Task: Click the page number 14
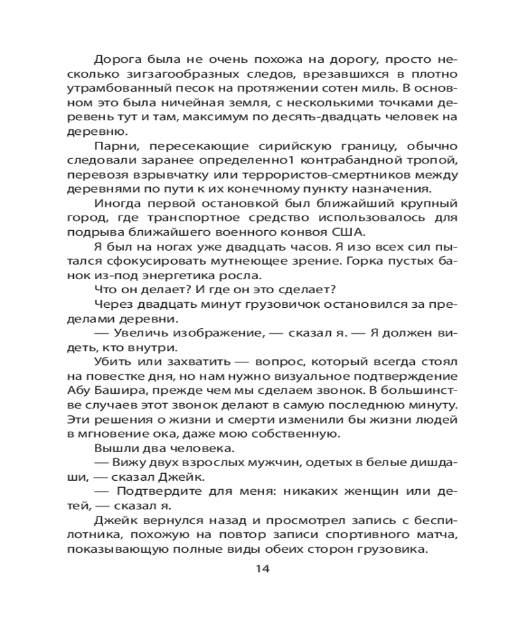click(263, 568)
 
